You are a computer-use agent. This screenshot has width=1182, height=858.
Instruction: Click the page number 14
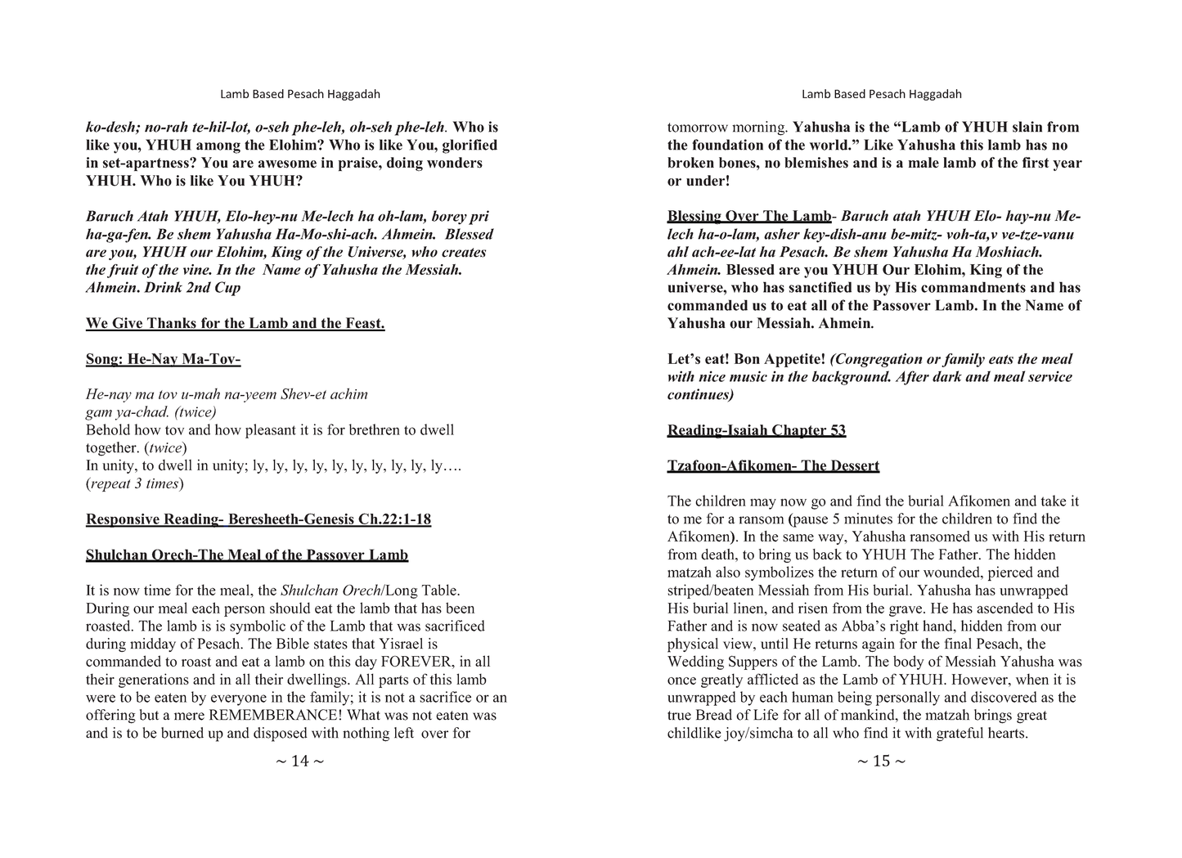click(x=299, y=761)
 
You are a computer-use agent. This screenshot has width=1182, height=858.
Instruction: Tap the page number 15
click(x=881, y=761)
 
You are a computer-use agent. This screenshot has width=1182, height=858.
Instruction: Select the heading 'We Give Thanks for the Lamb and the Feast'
click(x=235, y=324)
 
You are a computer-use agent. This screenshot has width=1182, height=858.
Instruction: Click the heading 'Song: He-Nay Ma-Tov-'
click(x=163, y=359)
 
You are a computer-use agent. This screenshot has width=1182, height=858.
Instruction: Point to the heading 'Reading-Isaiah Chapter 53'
click(x=756, y=431)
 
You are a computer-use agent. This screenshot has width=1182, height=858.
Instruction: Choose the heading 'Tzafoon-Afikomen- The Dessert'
click(x=773, y=466)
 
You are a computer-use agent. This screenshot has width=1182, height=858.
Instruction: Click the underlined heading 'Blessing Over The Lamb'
click(x=748, y=217)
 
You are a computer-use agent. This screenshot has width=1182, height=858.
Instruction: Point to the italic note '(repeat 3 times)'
click(x=135, y=484)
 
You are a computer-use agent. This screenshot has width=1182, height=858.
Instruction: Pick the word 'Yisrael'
click(x=393, y=644)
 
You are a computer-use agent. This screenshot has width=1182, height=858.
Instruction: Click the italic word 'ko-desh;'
click(x=110, y=128)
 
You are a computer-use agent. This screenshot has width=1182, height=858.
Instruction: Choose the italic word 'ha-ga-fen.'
click(x=118, y=235)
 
